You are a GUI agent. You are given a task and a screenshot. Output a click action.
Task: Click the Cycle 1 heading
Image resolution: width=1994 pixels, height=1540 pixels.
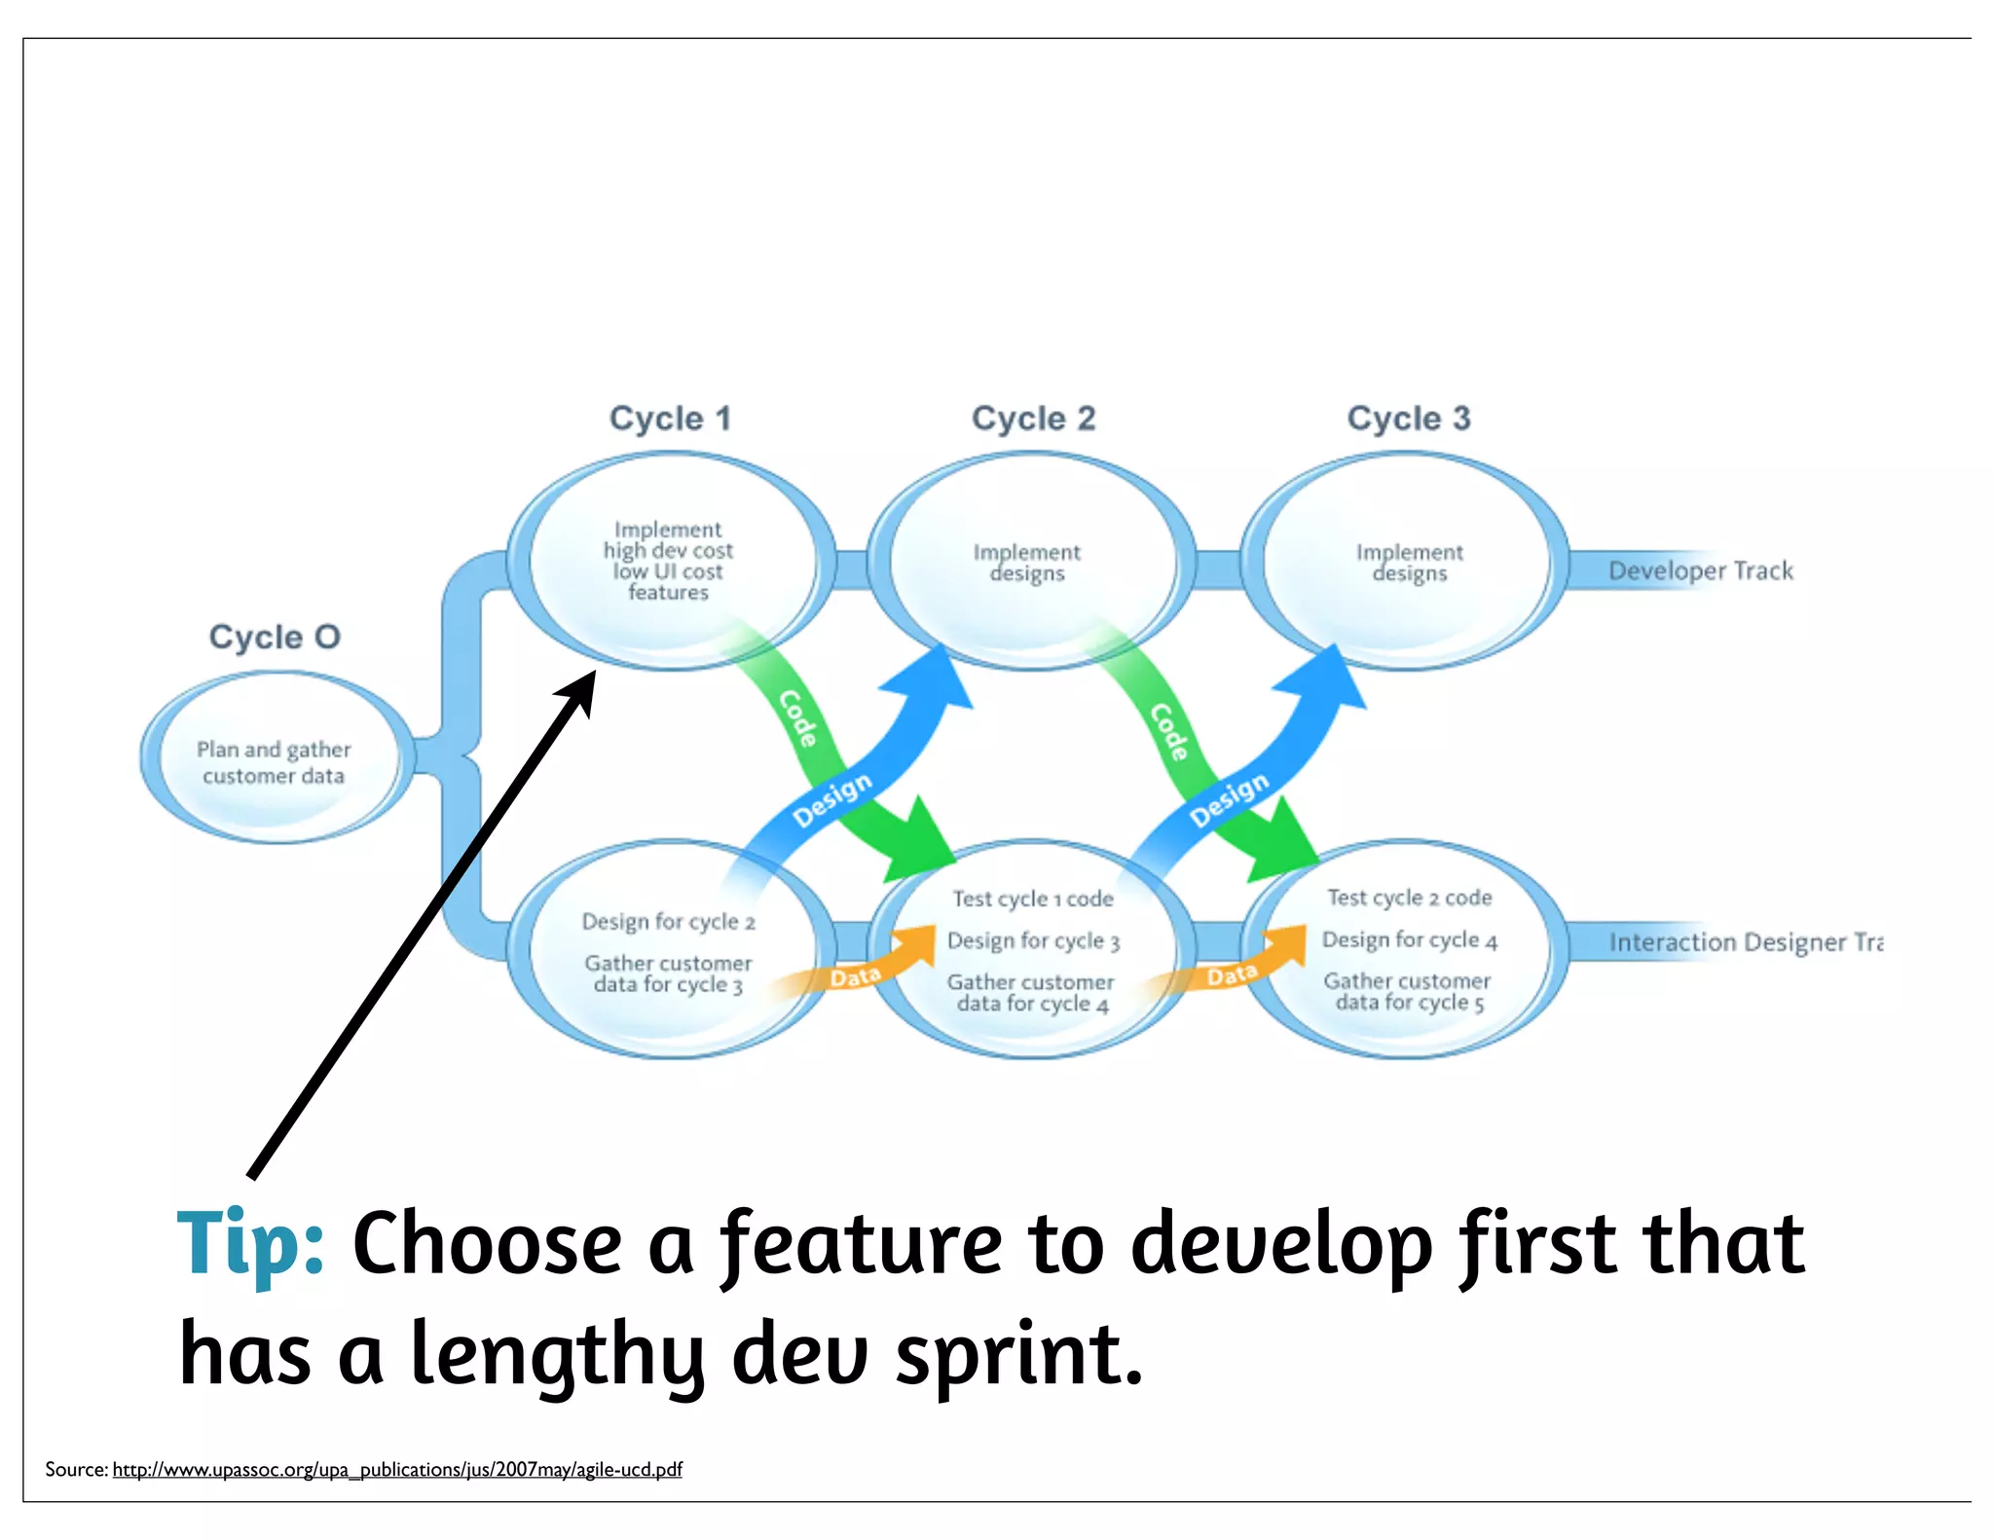coord(670,419)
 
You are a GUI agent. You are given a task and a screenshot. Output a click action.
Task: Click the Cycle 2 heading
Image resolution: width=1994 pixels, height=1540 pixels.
coord(1033,419)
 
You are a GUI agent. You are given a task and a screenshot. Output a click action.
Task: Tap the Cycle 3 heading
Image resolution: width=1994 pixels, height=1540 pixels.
coord(1408,419)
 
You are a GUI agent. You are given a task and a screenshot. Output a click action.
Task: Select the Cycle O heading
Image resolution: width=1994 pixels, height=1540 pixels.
coord(275,637)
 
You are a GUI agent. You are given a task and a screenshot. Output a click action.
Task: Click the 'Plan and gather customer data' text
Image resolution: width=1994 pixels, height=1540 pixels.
coord(274,762)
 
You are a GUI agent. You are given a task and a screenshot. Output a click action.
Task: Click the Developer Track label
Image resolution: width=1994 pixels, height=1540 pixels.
coord(1700,570)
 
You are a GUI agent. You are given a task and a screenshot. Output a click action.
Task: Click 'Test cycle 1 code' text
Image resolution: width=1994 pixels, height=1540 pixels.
coord(1032,898)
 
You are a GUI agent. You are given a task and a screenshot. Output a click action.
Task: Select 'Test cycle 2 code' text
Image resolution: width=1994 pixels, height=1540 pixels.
coord(1409,898)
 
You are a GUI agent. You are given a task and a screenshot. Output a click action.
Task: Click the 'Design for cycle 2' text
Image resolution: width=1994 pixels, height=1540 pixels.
coord(668,921)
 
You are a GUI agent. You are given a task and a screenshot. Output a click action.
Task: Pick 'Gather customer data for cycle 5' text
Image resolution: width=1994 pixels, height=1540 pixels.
coord(1408,992)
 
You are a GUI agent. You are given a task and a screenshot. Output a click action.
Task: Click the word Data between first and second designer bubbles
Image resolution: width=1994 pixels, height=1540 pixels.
coord(855,976)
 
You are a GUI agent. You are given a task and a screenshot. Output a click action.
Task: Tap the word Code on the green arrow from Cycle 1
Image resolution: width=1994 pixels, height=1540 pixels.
coord(798,718)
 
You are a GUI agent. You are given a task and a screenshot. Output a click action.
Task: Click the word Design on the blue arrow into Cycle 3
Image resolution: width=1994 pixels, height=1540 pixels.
coord(1229,800)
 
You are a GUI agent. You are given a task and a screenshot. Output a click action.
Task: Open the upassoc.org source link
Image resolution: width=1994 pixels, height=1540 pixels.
coord(397,1469)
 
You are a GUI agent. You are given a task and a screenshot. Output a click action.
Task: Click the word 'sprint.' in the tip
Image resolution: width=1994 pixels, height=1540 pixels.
coord(1018,1355)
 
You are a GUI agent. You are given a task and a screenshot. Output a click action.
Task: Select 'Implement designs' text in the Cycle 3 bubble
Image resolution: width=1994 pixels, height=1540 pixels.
coord(1409,563)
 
